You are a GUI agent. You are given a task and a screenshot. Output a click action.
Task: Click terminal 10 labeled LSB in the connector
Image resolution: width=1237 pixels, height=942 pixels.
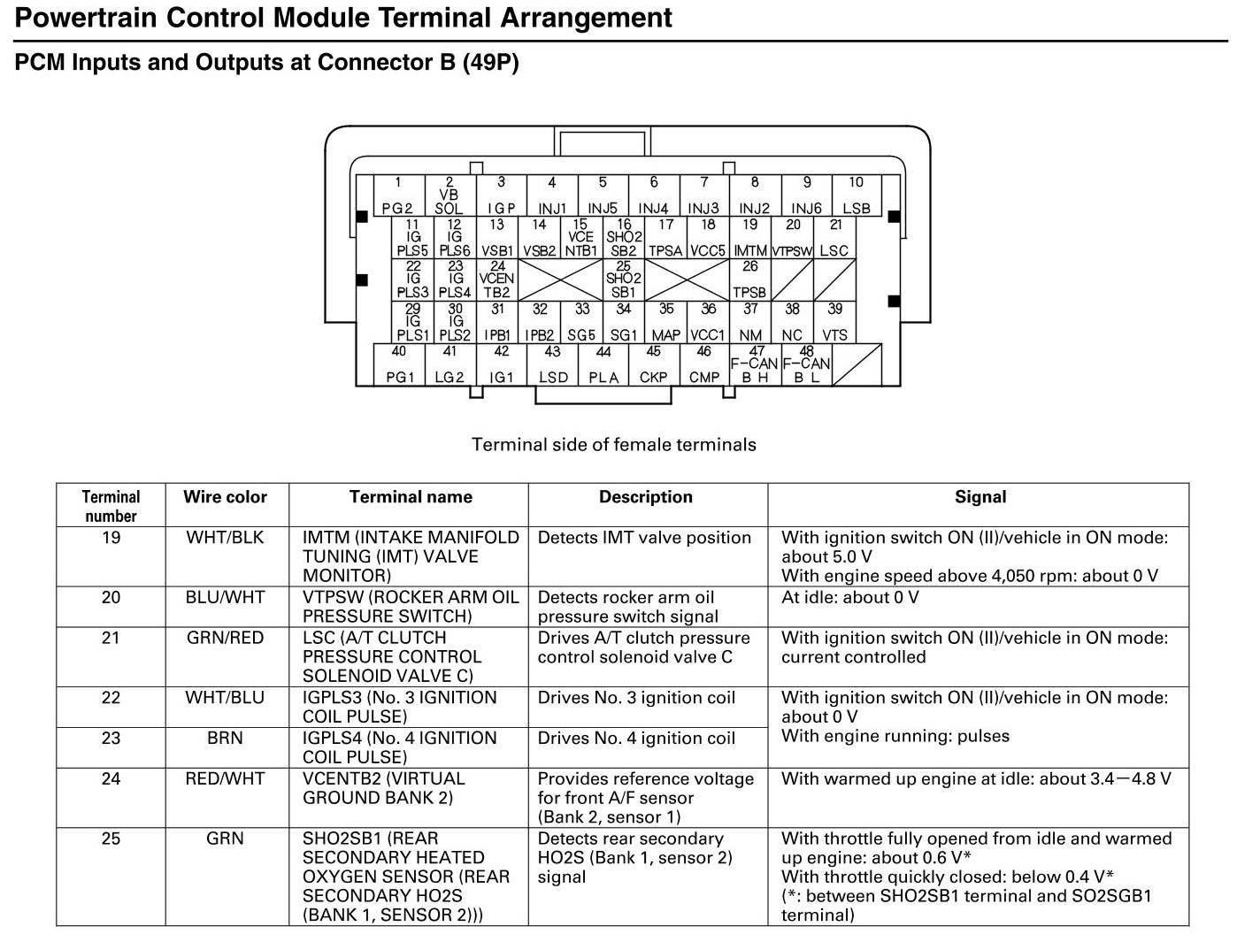tap(856, 196)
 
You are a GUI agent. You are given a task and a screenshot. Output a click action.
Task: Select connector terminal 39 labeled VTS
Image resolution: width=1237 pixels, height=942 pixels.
tap(834, 323)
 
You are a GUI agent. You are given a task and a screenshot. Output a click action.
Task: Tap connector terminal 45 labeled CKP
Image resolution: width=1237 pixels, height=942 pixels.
tap(653, 364)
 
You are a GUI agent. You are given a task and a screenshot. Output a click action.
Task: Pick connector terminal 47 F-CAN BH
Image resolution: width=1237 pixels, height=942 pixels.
tap(755, 364)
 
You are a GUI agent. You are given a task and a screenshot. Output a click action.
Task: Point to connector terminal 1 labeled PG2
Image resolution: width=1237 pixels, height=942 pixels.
tap(398, 196)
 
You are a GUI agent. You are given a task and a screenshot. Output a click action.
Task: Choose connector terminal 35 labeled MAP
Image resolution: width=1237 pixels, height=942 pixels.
tap(665, 323)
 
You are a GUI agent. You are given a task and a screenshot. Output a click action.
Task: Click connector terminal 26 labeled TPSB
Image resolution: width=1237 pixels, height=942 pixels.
tap(749, 280)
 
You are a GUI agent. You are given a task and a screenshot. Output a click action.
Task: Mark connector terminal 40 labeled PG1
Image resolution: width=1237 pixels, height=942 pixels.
tap(399, 364)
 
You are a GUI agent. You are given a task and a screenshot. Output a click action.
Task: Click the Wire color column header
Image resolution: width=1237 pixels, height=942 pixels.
tap(225, 497)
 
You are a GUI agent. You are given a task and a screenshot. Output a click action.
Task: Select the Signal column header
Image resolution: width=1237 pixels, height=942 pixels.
tap(980, 497)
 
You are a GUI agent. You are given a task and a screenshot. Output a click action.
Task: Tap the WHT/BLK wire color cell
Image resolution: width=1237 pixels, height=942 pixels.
tap(225, 538)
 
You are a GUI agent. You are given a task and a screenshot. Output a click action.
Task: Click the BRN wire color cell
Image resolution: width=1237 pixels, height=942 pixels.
tap(225, 738)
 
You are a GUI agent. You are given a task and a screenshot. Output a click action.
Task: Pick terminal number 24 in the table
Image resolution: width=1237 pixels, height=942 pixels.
tap(111, 779)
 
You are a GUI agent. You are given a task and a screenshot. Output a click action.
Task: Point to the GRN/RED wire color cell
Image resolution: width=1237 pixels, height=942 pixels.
tap(225, 638)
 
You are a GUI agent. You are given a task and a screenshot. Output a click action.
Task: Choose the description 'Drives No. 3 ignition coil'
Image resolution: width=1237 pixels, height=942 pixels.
tap(636, 698)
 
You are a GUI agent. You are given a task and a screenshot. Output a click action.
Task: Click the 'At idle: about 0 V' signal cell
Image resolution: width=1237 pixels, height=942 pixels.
tap(849, 598)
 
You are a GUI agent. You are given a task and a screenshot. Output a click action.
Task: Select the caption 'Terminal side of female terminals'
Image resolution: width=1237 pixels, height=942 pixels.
tap(613, 444)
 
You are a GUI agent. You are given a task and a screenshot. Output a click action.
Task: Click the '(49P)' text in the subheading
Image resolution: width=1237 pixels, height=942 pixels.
tap(490, 63)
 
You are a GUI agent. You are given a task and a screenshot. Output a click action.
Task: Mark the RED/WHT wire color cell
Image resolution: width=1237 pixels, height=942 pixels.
tap(225, 779)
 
